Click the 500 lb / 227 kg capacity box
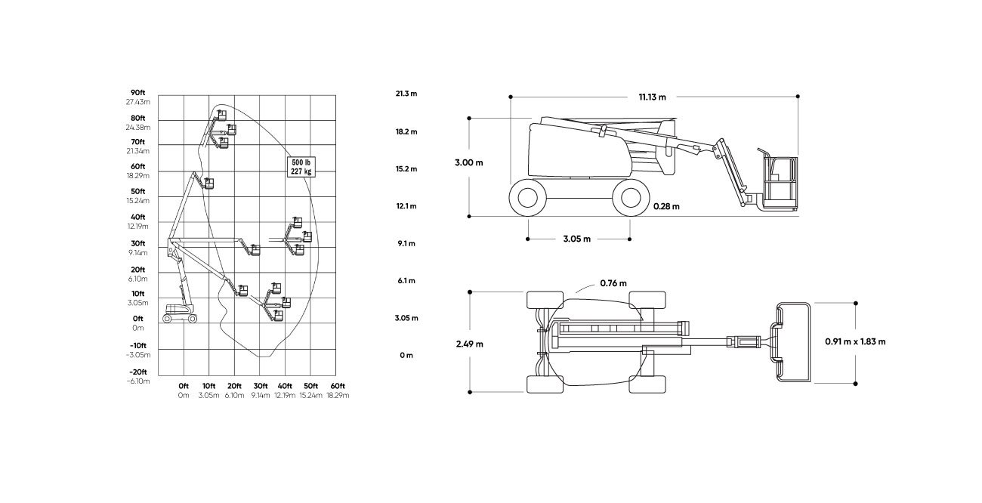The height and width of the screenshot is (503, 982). [301, 167]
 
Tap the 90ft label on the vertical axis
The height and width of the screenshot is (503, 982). [137, 93]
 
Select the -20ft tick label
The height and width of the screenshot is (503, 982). [138, 372]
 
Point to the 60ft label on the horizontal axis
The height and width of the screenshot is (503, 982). [338, 386]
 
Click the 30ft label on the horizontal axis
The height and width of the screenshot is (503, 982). [261, 386]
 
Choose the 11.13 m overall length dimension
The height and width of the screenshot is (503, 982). [653, 97]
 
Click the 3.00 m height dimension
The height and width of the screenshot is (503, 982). [468, 162]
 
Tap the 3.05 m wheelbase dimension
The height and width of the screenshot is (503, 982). [577, 239]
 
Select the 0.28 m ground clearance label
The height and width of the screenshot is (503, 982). [666, 206]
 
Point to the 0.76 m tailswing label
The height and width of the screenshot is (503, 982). [613, 283]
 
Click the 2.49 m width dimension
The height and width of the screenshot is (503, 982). [470, 344]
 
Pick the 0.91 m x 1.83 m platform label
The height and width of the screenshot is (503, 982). [855, 342]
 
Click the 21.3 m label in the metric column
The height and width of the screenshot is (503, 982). [406, 94]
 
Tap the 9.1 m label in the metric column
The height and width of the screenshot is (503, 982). [406, 244]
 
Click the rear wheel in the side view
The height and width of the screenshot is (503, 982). [528, 198]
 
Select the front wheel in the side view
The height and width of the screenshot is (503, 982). [631, 198]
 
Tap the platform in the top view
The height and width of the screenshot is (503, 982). [793, 342]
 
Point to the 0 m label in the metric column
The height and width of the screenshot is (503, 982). [406, 355]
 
